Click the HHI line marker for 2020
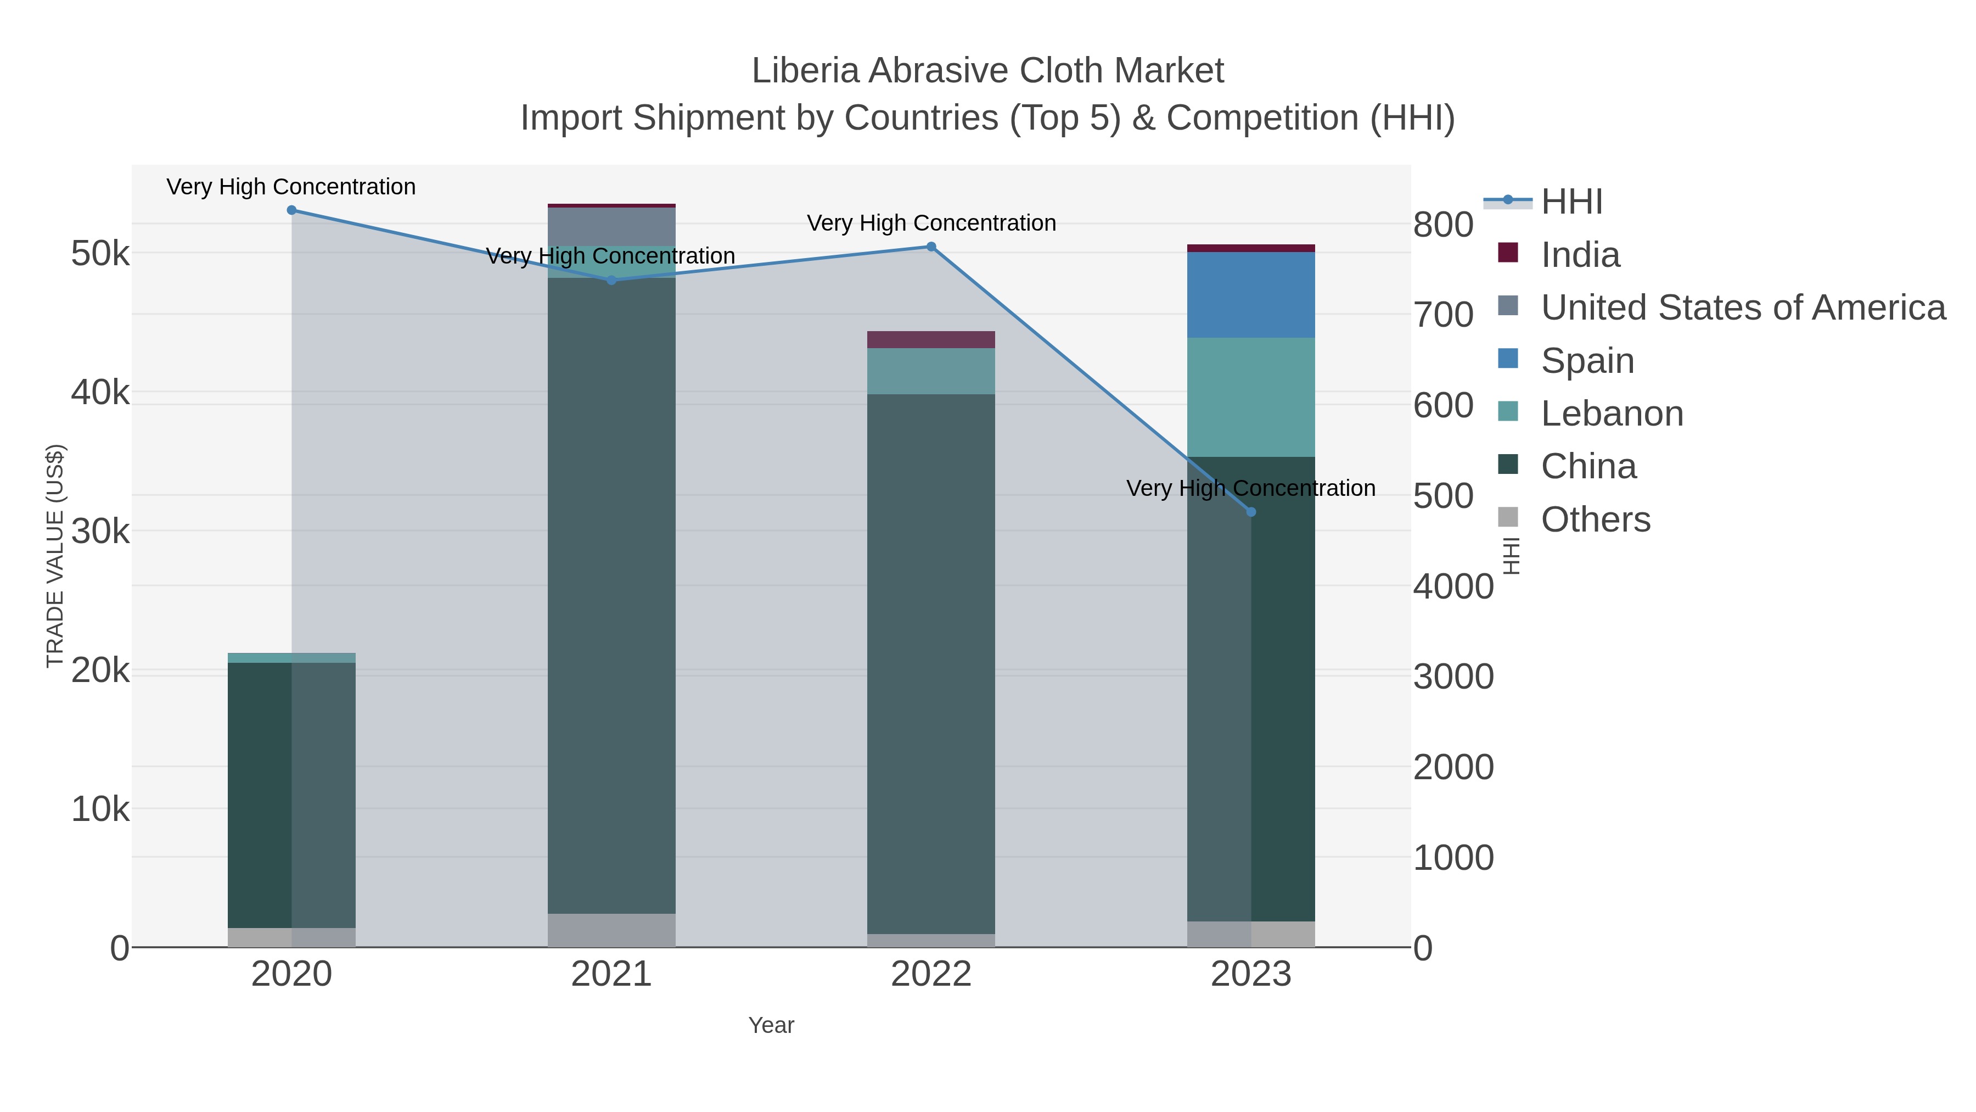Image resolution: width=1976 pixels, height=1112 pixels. point(291,210)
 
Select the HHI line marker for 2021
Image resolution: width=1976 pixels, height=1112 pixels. point(611,281)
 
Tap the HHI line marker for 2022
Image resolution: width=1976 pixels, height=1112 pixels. point(931,247)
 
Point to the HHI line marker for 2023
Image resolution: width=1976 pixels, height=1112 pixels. point(1251,512)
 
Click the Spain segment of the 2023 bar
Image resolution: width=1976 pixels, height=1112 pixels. point(1251,295)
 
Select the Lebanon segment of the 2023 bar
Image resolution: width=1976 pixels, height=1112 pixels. point(1251,397)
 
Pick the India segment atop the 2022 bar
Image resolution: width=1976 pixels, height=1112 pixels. point(931,340)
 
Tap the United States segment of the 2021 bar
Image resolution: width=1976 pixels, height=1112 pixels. point(611,226)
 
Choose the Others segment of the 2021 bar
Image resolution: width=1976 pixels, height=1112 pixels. point(611,930)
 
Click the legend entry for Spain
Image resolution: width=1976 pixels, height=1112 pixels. point(1587,361)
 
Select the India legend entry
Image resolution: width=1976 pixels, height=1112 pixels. point(1580,255)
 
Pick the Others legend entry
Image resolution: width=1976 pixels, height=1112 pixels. point(1596,519)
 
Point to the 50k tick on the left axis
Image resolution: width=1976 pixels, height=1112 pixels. point(100,253)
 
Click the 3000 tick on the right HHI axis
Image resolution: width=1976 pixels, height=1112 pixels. point(1453,677)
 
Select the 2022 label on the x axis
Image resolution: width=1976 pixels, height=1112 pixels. point(931,975)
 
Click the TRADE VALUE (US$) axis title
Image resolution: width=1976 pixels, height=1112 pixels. point(55,556)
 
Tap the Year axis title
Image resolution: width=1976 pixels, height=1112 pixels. point(771,1025)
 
